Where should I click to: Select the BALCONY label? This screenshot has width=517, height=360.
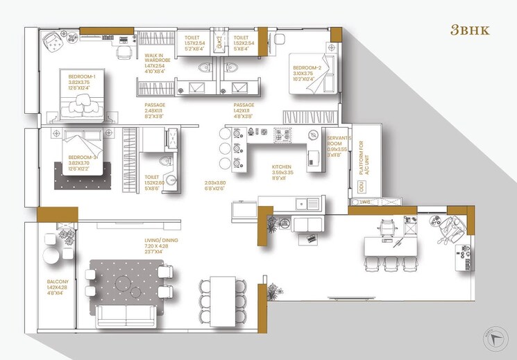click(48, 282)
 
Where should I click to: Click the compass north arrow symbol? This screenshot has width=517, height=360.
click(495, 337)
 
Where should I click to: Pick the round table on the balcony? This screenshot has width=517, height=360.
click(52, 257)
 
